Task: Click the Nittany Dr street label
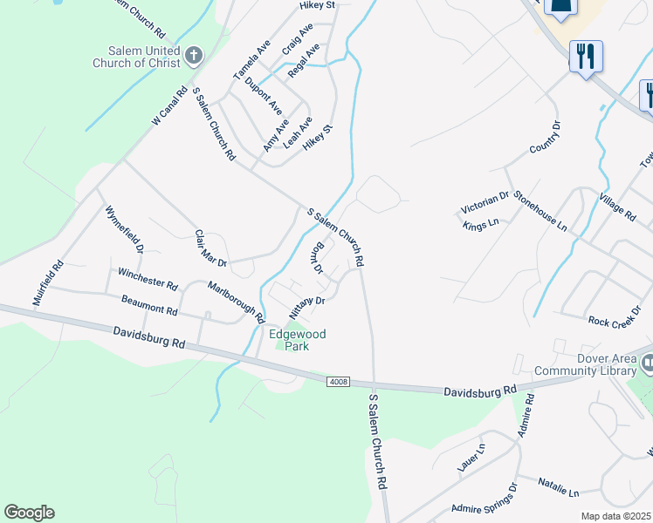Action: click(306, 306)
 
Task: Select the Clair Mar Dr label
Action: click(210, 248)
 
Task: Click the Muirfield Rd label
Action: click(49, 283)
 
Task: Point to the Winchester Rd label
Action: click(148, 278)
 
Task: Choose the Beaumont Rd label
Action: click(148, 304)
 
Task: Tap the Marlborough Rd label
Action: click(236, 302)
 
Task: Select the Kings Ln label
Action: click(481, 224)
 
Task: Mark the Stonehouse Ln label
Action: click(540, 212)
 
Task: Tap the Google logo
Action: click(29, 513)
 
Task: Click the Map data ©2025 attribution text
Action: click(615, 516)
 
